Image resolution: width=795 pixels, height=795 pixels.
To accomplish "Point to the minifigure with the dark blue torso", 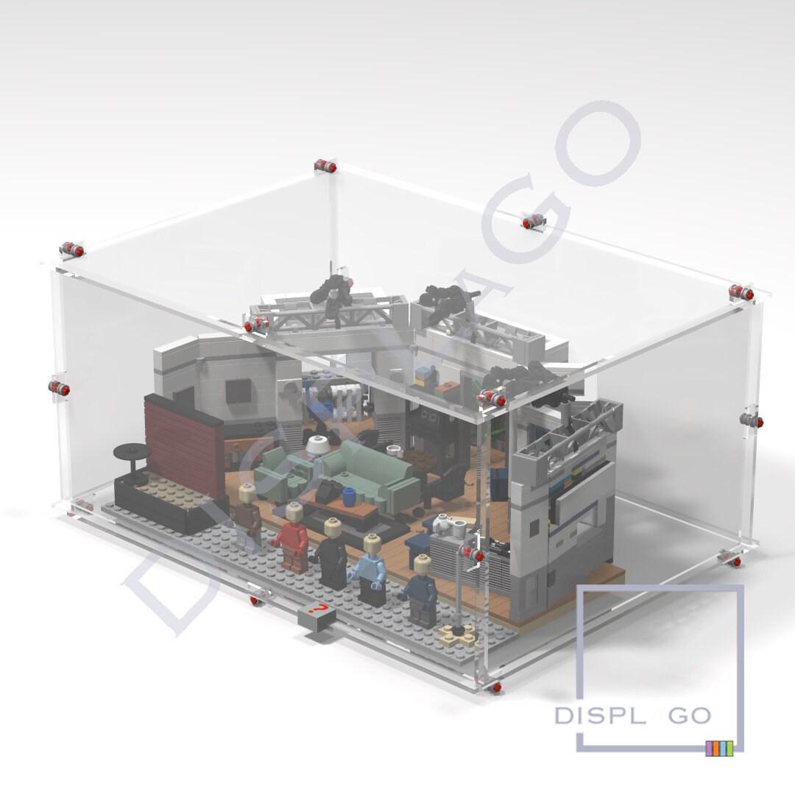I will (x=422, y=593).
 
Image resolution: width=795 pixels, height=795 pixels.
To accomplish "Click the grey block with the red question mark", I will (x=317, y=614).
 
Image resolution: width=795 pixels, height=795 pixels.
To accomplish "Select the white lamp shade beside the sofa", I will (x=317, y=445).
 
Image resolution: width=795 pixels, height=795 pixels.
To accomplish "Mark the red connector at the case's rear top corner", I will (x=325, y=166).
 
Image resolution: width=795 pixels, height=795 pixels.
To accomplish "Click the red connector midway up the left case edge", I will (x=59, y=388).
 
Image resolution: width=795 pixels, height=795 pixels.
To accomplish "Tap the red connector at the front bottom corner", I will (x=498, y=688).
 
